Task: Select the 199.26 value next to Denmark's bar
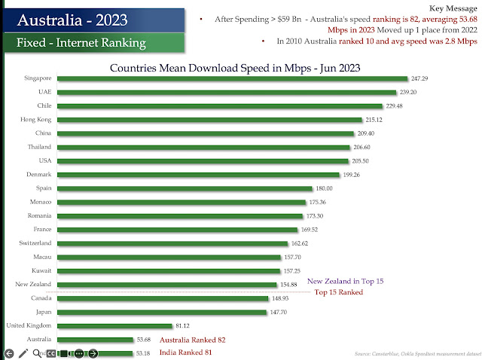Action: (352, 174)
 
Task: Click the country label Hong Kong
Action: (36, 119)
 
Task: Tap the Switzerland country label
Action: (35, 243)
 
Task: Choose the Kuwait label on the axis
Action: (41, 270)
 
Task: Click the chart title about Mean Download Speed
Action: (235, 68)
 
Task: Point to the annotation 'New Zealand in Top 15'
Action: (345, 281)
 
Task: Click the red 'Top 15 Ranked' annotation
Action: (339, 292)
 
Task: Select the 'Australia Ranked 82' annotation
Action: (192, 340)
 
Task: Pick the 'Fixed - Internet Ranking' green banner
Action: (81, 43)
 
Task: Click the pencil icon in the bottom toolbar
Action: (23, 353)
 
